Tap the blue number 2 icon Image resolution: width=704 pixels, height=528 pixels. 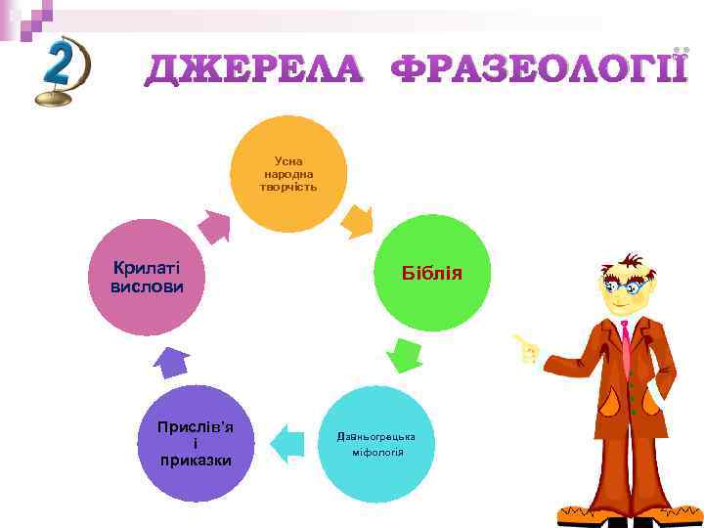[x=61, y=70]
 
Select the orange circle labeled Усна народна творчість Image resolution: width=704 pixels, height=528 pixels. [x=288, y=174]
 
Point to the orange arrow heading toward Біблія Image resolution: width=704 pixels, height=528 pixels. [x=356, y=221]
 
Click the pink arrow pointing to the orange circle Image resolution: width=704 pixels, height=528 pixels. [x=214, y=226]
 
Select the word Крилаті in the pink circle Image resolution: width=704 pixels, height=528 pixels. [x=146, y=268]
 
